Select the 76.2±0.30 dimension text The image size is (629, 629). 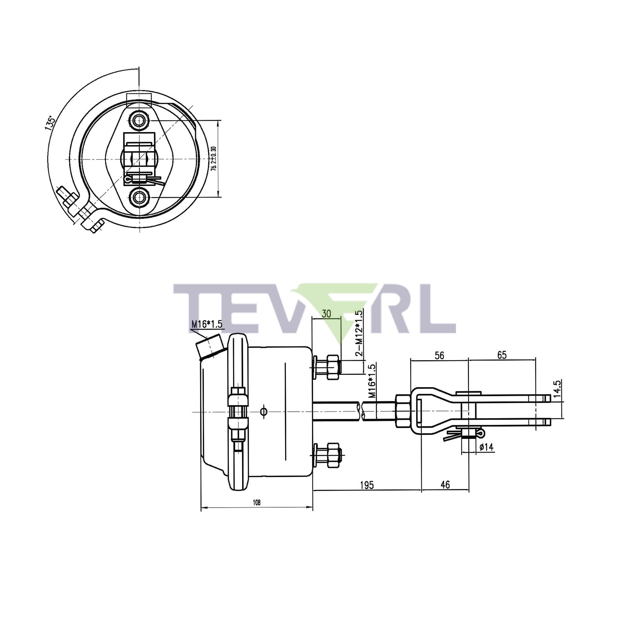(214, 159)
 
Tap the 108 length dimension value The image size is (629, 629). (257, 502)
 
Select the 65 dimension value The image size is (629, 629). (502, 355)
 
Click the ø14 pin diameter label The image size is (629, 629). (487, 447)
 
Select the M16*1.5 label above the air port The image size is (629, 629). (206, 324)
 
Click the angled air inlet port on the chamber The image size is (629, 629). (209, 347)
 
